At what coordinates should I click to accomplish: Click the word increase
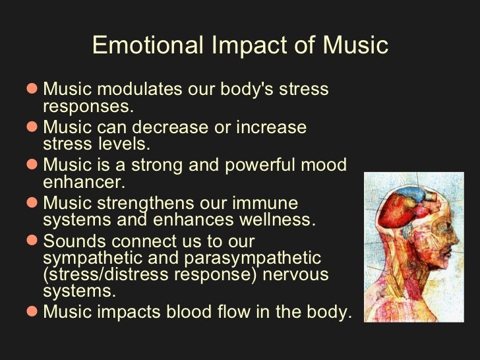[270, 127]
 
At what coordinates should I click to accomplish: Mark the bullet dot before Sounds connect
[35, 241]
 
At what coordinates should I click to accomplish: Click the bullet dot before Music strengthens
[35, 203]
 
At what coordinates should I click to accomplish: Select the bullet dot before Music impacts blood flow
[35, 312]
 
